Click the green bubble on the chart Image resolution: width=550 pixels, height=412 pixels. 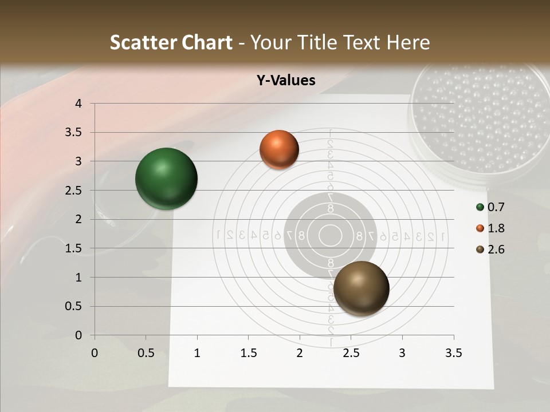166,179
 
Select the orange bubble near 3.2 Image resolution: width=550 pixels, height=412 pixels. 279,149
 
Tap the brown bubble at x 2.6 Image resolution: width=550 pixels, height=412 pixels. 361,288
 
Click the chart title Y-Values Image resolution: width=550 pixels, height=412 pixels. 285,81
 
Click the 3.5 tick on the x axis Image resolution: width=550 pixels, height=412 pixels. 453,353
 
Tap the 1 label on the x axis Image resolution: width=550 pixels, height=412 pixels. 197,353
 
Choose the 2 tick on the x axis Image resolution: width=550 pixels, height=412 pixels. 300,353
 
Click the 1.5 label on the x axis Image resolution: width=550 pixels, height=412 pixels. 248,353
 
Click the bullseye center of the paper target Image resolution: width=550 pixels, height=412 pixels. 330,235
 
